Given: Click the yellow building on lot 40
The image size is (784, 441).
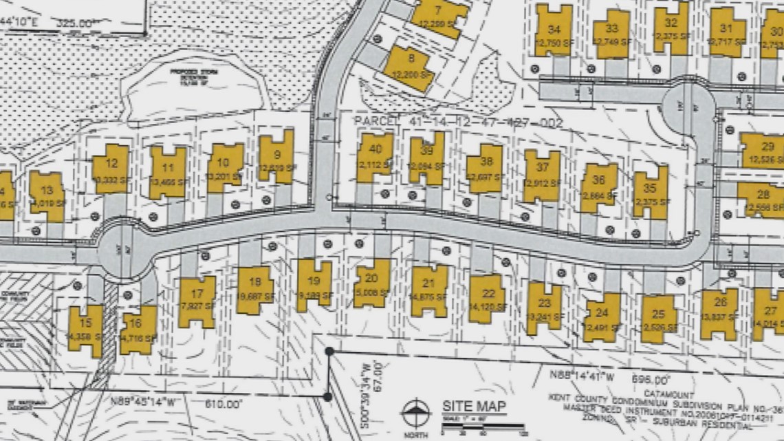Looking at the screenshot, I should coord(375,158).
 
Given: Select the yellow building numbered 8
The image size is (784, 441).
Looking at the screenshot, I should coord(409,68).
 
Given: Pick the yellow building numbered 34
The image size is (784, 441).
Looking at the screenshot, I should coord(554,30).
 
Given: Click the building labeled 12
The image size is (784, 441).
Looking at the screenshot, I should coord(110,169).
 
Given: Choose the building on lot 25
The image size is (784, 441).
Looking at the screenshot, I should coord(658,318).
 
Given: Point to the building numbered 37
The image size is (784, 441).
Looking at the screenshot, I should coord(542,175).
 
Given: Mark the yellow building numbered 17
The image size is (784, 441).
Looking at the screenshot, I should coord(197,301).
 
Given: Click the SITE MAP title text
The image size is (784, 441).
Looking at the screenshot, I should coord(475,407).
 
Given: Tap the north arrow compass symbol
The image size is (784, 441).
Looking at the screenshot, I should coord(415,413).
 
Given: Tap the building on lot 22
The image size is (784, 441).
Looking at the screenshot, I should coord(488,297).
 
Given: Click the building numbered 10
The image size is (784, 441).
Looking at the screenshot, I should coord(225,167).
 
